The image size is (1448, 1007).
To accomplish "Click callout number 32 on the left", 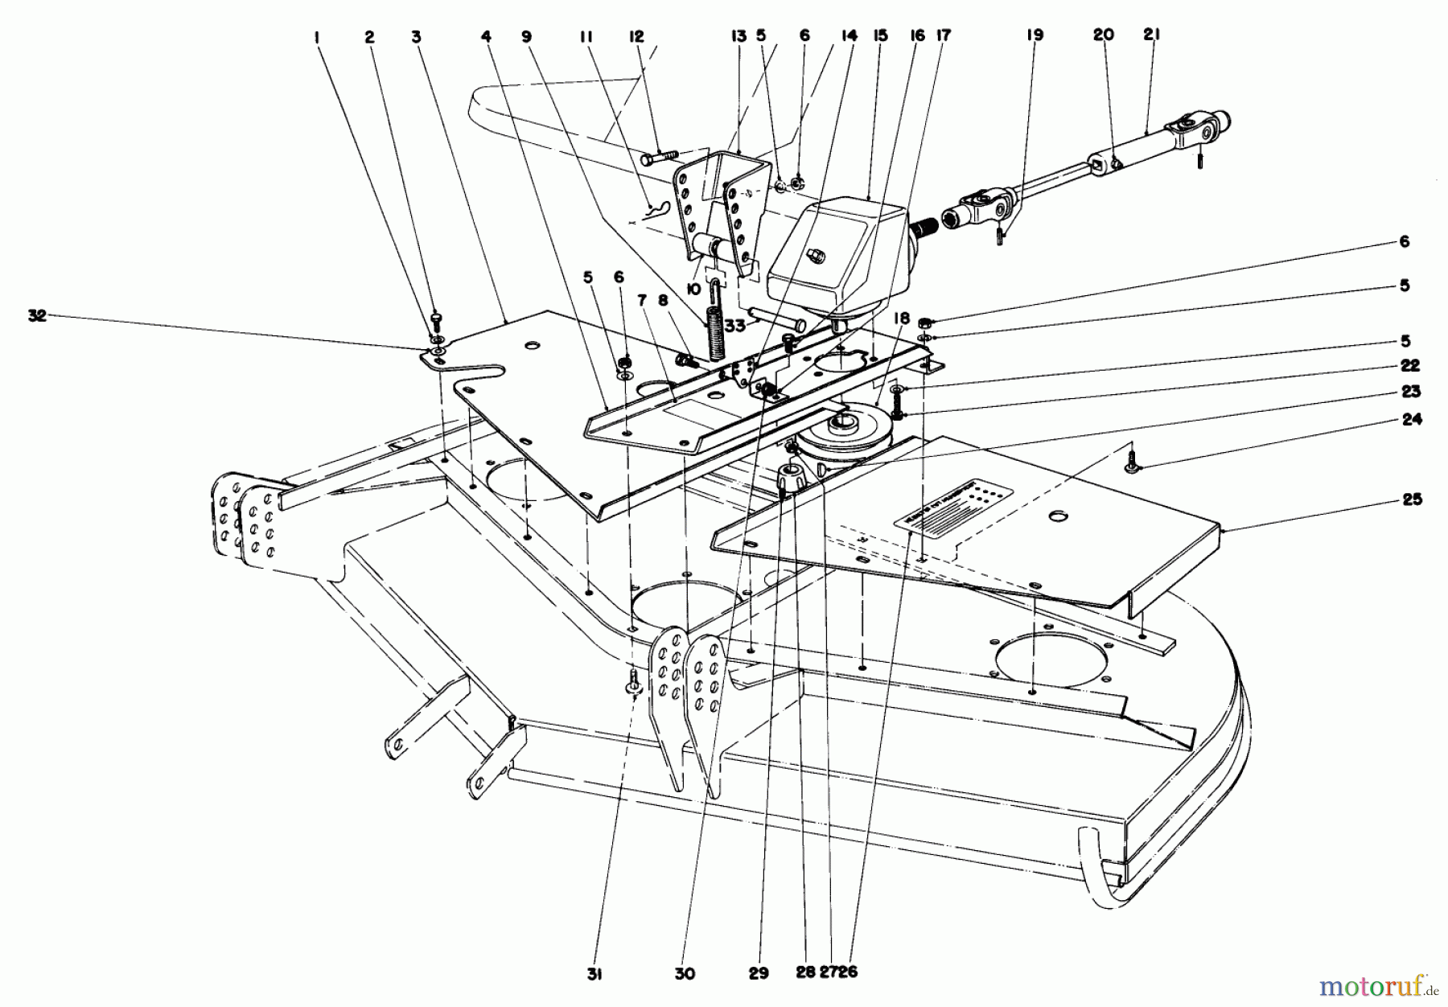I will [37, 317].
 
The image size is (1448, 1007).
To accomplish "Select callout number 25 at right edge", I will [1411, 499].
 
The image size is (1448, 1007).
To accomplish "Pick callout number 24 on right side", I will [1411, 419].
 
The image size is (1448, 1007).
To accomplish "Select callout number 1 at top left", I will [319, 36].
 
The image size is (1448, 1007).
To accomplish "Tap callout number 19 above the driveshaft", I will [1035, 35].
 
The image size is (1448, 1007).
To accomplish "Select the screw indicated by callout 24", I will [1134, 465].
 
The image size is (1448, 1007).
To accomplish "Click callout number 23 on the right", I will [1411, 392].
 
